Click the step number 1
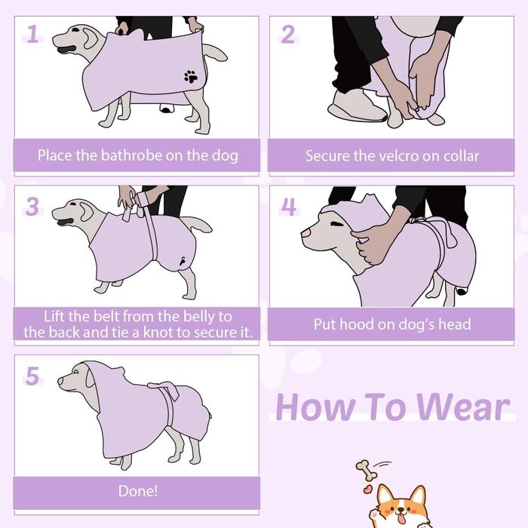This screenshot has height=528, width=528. (x=32, y=34)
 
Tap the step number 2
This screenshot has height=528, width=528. (x=288, y=34)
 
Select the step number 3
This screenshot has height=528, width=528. (x=32, y=206)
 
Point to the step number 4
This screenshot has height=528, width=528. (x=289, y=206)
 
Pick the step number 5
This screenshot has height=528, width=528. (x=32, y=376)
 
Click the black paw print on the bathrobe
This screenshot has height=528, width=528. (x=191, y=77)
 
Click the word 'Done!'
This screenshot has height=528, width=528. (x=138, y=491)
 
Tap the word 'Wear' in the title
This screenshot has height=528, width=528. (x=463, y=407)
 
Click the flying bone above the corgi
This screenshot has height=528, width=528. (x=367, y=471)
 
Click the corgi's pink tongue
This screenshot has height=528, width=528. (x=400, y=516)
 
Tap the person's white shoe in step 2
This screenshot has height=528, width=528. (x=357, y=106)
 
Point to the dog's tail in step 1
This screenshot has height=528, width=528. (x=216, y=53)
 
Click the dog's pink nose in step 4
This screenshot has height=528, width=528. (x=306, y=232)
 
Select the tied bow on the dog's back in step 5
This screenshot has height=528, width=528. (x=164, y=390)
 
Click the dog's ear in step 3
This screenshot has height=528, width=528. (x=86, y=210)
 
